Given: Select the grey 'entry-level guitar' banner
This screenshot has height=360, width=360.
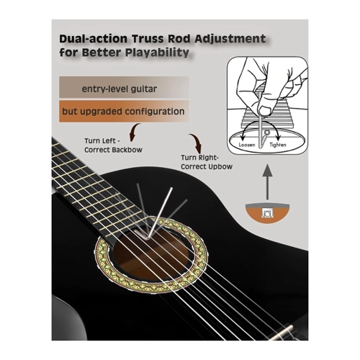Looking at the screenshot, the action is point(124,87).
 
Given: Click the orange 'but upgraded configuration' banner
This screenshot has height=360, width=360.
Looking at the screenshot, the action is point(124,112).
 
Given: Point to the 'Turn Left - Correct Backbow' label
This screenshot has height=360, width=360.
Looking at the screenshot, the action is point(113,145).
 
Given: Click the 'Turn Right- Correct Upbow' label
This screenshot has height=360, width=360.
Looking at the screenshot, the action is point(207,162).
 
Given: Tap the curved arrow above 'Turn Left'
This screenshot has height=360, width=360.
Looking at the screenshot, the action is point(135,132).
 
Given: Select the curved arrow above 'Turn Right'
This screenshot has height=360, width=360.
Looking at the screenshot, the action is point(196,143).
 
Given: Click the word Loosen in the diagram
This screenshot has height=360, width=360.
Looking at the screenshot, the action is point(247,145).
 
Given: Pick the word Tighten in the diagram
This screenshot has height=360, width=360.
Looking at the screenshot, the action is point(278,145).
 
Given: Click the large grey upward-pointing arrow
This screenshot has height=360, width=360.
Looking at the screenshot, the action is point(267,181).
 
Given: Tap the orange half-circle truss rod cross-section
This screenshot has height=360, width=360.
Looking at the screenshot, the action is point(267,213).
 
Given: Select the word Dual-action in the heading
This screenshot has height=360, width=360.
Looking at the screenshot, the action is point(94,39).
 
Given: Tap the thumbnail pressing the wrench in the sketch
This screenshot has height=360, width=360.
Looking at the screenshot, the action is point(265,111).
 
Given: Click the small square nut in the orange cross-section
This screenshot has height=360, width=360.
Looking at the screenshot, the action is point(267,212).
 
